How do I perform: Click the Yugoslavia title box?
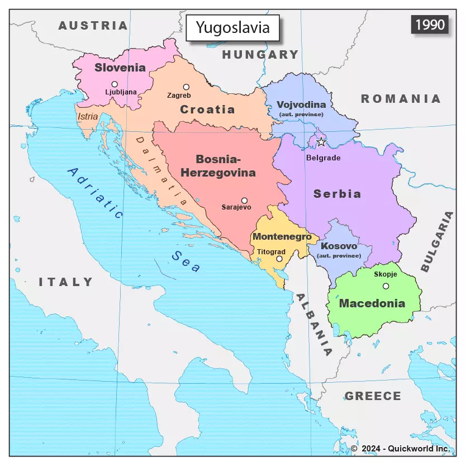(x=232, y=27)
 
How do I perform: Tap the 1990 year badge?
(x=430, y=25)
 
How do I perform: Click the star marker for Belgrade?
(x=321, y=142)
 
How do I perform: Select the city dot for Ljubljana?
(x=115, y=84)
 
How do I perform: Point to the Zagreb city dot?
(x=186, y=87)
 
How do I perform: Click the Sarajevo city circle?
(x=244, y=200)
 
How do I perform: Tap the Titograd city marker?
(x=279, y=259)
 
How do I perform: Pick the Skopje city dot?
(x=386, y=286)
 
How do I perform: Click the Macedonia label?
(x=372, y=304)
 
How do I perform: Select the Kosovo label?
(x=339, y=246)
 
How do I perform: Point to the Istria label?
(x=88, y=117)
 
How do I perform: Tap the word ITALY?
(x=66, y=282)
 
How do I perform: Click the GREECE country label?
(x=373, y=396)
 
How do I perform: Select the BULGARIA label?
(x=437, y=241)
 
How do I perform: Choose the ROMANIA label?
(x=401, y=99)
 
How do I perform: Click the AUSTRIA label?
(x=93, y=26)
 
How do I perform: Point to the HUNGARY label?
(x=260, y=55)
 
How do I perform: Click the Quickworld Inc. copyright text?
(x=400, y=449)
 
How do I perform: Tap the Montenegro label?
(x=282, y=236)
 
